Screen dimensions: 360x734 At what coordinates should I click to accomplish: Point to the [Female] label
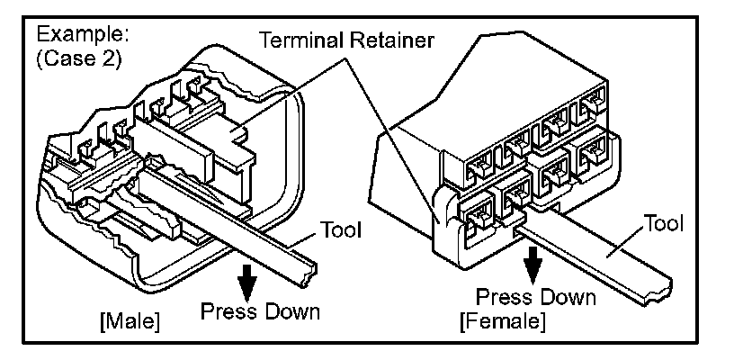pos(502,321)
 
